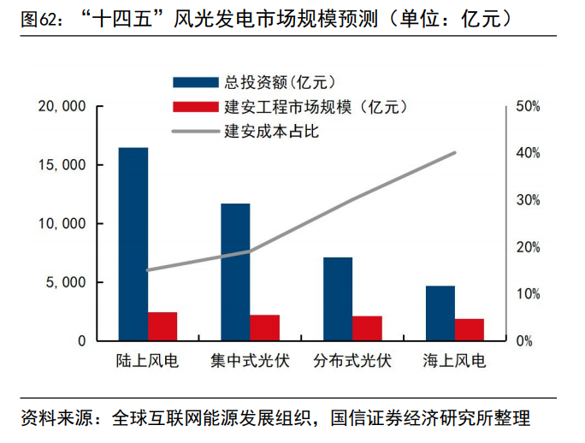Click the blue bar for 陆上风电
tap(133, 244)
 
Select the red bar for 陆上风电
tap(162, 327)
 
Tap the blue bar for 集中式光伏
tap(235, 272)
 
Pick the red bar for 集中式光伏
tap(265, 328)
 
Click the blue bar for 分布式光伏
tap(338, 298)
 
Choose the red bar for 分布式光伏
tap(368, 328)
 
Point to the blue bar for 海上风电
tap(440, 313)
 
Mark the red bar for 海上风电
tap(470, 329)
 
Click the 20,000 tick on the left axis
tap(62, 106)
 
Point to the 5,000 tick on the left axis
tap(68, 282)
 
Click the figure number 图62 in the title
tap(38, 18)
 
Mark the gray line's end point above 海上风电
tap(455, 153)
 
